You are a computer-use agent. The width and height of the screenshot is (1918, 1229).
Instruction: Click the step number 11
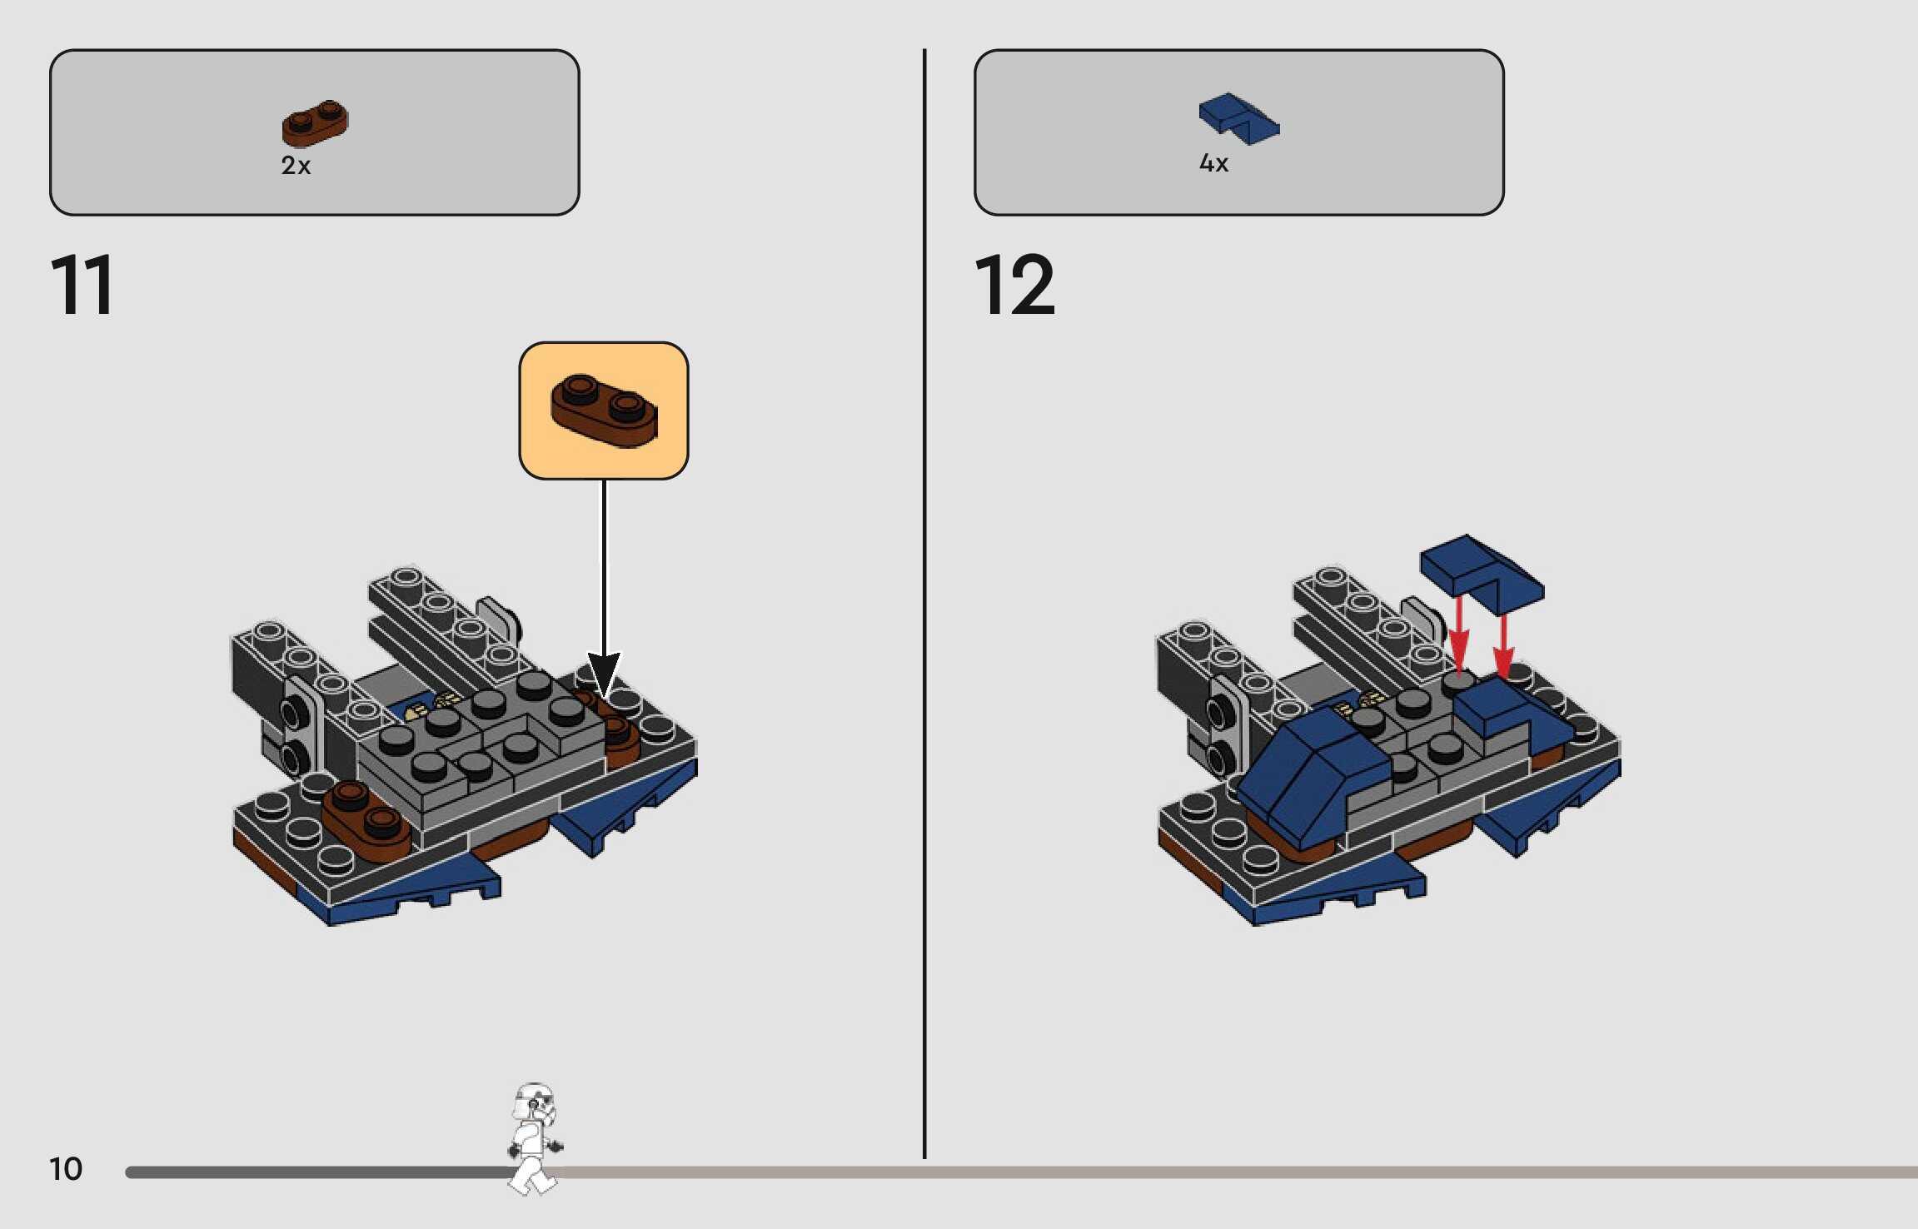(82, 285)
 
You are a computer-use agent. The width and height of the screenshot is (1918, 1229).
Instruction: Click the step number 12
(1014, 285)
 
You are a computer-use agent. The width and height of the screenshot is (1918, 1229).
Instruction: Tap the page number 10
(66, 1169)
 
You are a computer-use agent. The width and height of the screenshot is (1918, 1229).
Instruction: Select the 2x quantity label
(296, 166)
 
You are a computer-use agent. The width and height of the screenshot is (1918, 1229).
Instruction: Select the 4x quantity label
(1213, 163)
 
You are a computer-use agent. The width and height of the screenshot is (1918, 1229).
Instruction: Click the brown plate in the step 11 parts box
(315, 123)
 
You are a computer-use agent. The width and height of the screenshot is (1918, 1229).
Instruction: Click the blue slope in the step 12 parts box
(1238, 119)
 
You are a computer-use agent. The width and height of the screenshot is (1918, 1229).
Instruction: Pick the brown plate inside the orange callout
(604, 410)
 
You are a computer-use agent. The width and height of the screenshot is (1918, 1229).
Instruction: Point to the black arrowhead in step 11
(604, 674)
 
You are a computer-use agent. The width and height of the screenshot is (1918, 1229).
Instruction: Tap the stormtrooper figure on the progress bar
(534, 1137)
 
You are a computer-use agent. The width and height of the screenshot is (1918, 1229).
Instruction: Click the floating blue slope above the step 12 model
(1482, 572)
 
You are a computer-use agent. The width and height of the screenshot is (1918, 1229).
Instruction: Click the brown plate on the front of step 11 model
(366, 819)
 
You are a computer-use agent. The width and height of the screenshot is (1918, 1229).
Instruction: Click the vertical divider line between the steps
(924, 603)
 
